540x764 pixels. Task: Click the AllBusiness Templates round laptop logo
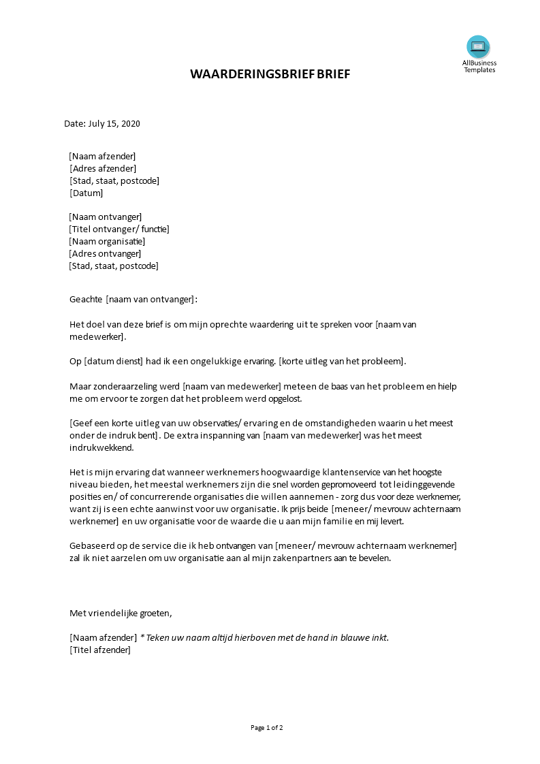pyautogui.click(x=478, y=47)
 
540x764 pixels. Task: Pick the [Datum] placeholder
pyautogui.click(x=86, y=193)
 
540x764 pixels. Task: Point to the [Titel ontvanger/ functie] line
pyautogui.click(x=118, y=229)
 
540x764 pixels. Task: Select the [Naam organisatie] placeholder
pyautogui.click(x=107, y=242)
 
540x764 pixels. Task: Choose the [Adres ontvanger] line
pyautogui.click(x=105, y=254)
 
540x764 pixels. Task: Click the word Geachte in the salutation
pyautogui.click(x=86, y=300)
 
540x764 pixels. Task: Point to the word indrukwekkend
pyautogui.click(x=102, y=449)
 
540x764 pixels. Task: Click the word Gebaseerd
pyautogui.click(x=93, y=547)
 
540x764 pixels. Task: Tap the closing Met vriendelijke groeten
pyautogui.click(x=121, y=614)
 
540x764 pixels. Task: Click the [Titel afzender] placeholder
pyautogui.click(x=100, y=650)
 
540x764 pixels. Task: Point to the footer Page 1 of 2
pyautogui.click(x=267, y=728)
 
